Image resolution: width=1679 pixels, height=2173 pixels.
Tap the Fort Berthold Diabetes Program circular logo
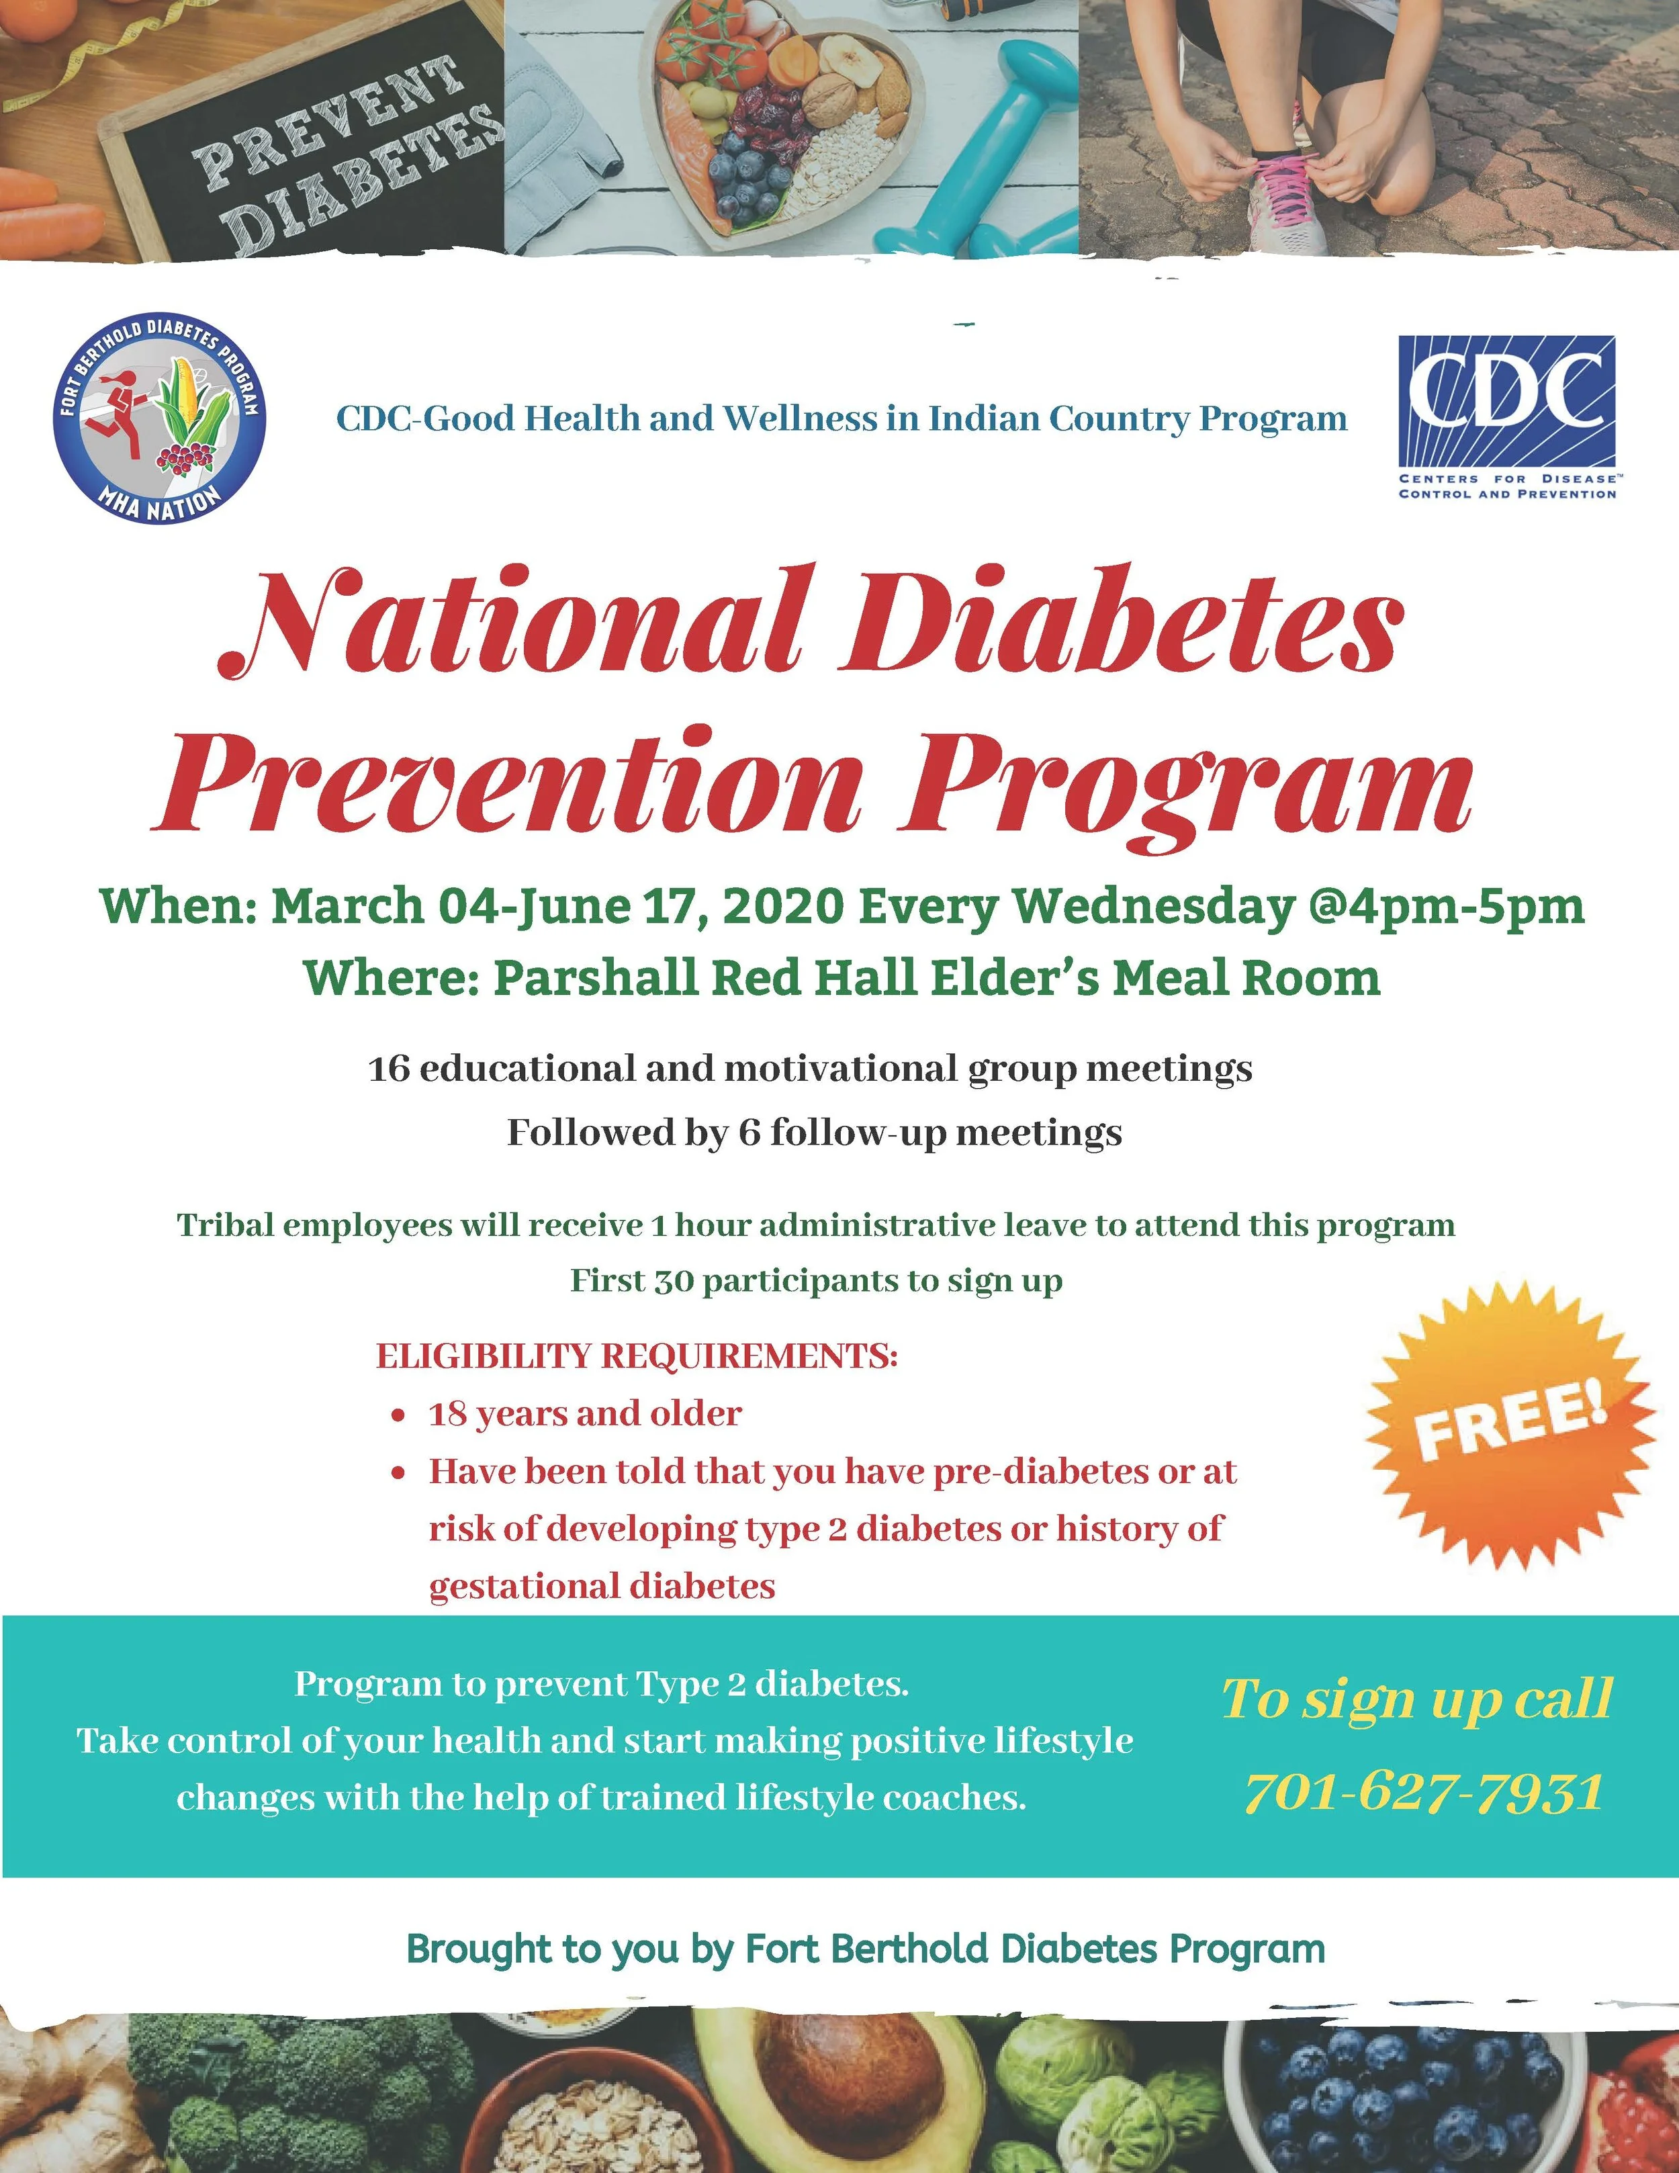[159, 418]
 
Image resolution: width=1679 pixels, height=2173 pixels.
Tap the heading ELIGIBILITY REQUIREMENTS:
[637, 1356]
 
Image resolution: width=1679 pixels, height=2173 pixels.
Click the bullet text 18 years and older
[585, 1414]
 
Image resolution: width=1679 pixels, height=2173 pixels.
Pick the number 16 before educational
[389, 1069]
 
